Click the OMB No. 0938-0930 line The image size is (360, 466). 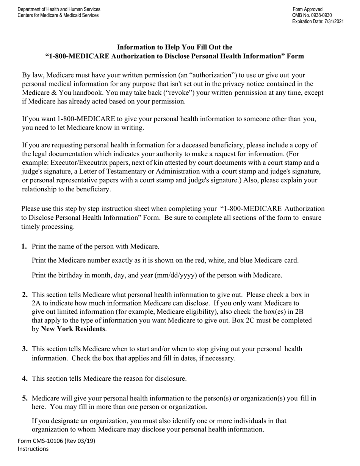(x=312, y=16)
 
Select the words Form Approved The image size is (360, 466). (x=308, y=9)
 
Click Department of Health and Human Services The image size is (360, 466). (x=59, y=9)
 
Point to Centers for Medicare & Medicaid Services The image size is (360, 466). (x=58, y=16)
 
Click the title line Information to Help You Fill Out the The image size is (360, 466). (x=175, y=47)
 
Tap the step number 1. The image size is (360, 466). (x=24, y=247)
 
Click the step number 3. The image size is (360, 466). (x=25, y=349)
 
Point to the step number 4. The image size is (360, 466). (x=25, y=378)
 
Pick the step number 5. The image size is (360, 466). (x=25, y=399)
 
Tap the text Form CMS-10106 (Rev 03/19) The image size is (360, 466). (x=56, y=441)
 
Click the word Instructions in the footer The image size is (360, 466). (x=33, y=449)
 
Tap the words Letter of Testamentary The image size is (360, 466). (x=113, y=172)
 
